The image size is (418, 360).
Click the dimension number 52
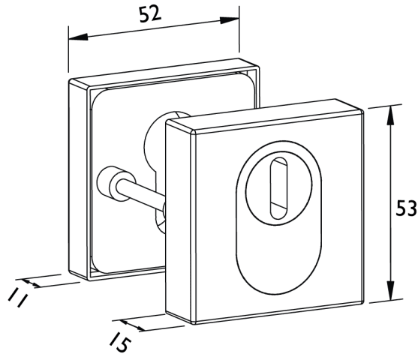(x=150, y=14)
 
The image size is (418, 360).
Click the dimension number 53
(x=406, y=208)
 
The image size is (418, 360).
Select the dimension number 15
(x=120, y=341)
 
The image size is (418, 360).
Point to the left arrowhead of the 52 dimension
(x=78, y=37)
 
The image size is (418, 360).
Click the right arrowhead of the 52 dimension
(x=229, y=20)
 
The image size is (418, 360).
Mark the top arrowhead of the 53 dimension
(x=390, y=115)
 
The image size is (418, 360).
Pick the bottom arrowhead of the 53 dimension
(x=391, y=290)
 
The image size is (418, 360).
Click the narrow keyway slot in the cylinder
(x=279, y=188)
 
